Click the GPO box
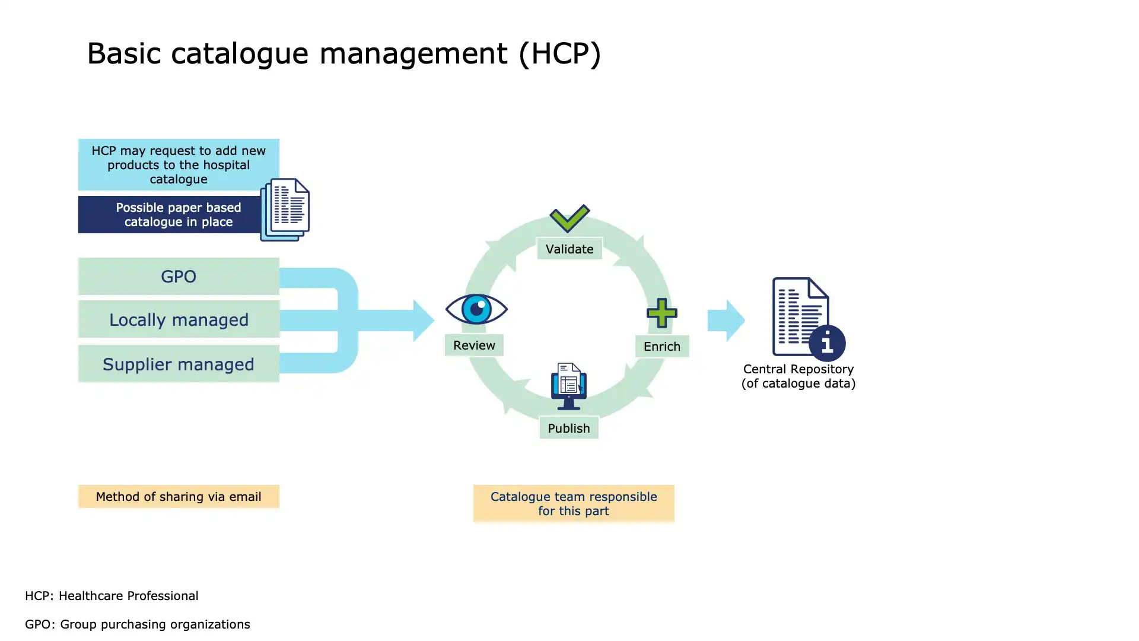click(179, 276)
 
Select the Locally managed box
click(179, 319)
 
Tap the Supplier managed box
click(179, 364)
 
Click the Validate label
click(569, 249)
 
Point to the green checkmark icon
click(569, 218)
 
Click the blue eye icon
click(476, 309)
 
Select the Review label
click(474, 345)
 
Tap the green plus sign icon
click(661, 313)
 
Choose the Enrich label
click(662, 347)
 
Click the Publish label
click(569, 428)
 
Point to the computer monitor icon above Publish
click(569, 386)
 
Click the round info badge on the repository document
click(827, 343)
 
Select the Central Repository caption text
click(798, 376)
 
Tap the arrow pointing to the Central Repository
click(726, 320)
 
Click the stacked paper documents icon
click(285, 210)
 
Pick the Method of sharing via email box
click(179, 497)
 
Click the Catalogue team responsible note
click(574, 504)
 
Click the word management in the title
click(413, 54)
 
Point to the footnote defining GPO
click(138, 624)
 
